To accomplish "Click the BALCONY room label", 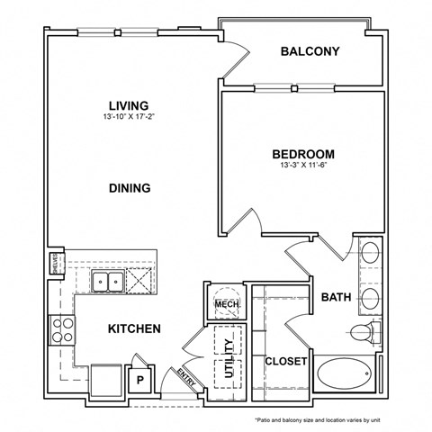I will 310,51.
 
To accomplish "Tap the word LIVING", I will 129,105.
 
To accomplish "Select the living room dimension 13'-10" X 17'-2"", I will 129,117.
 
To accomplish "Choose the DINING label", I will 130,188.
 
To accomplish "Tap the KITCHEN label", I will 135,328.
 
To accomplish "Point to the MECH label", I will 225,304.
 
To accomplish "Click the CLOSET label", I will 286,361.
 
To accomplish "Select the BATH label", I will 336,295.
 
